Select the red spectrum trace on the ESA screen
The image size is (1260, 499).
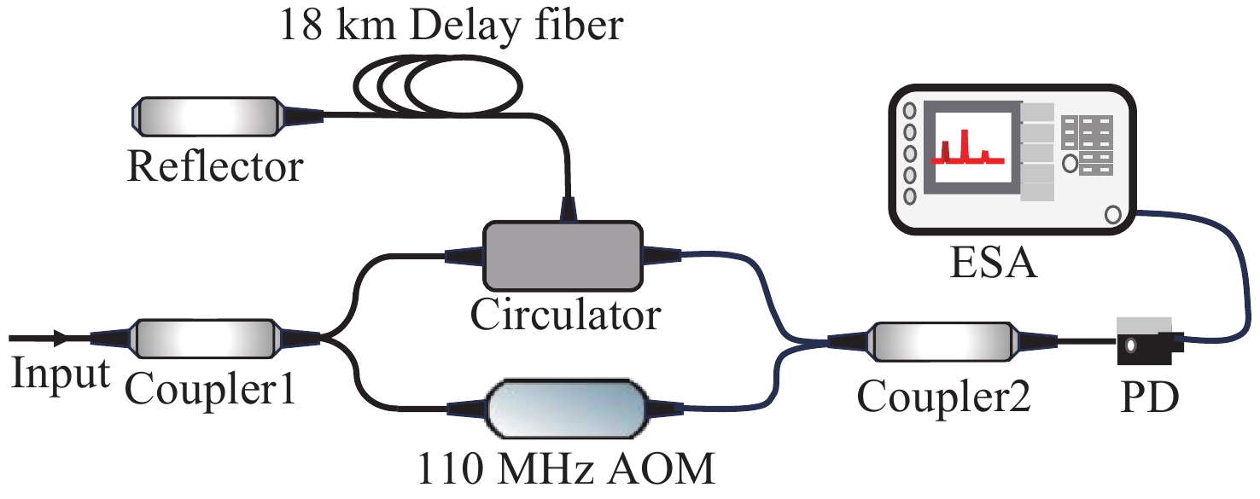point(965,149)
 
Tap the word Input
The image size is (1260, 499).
point(60,374)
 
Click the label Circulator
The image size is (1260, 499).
point(565,315)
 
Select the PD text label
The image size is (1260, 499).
point(1150,396)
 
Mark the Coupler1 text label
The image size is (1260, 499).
point(210,392)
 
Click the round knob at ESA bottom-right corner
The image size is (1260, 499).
point(1112,214)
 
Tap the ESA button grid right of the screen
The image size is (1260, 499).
point(1086,145)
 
